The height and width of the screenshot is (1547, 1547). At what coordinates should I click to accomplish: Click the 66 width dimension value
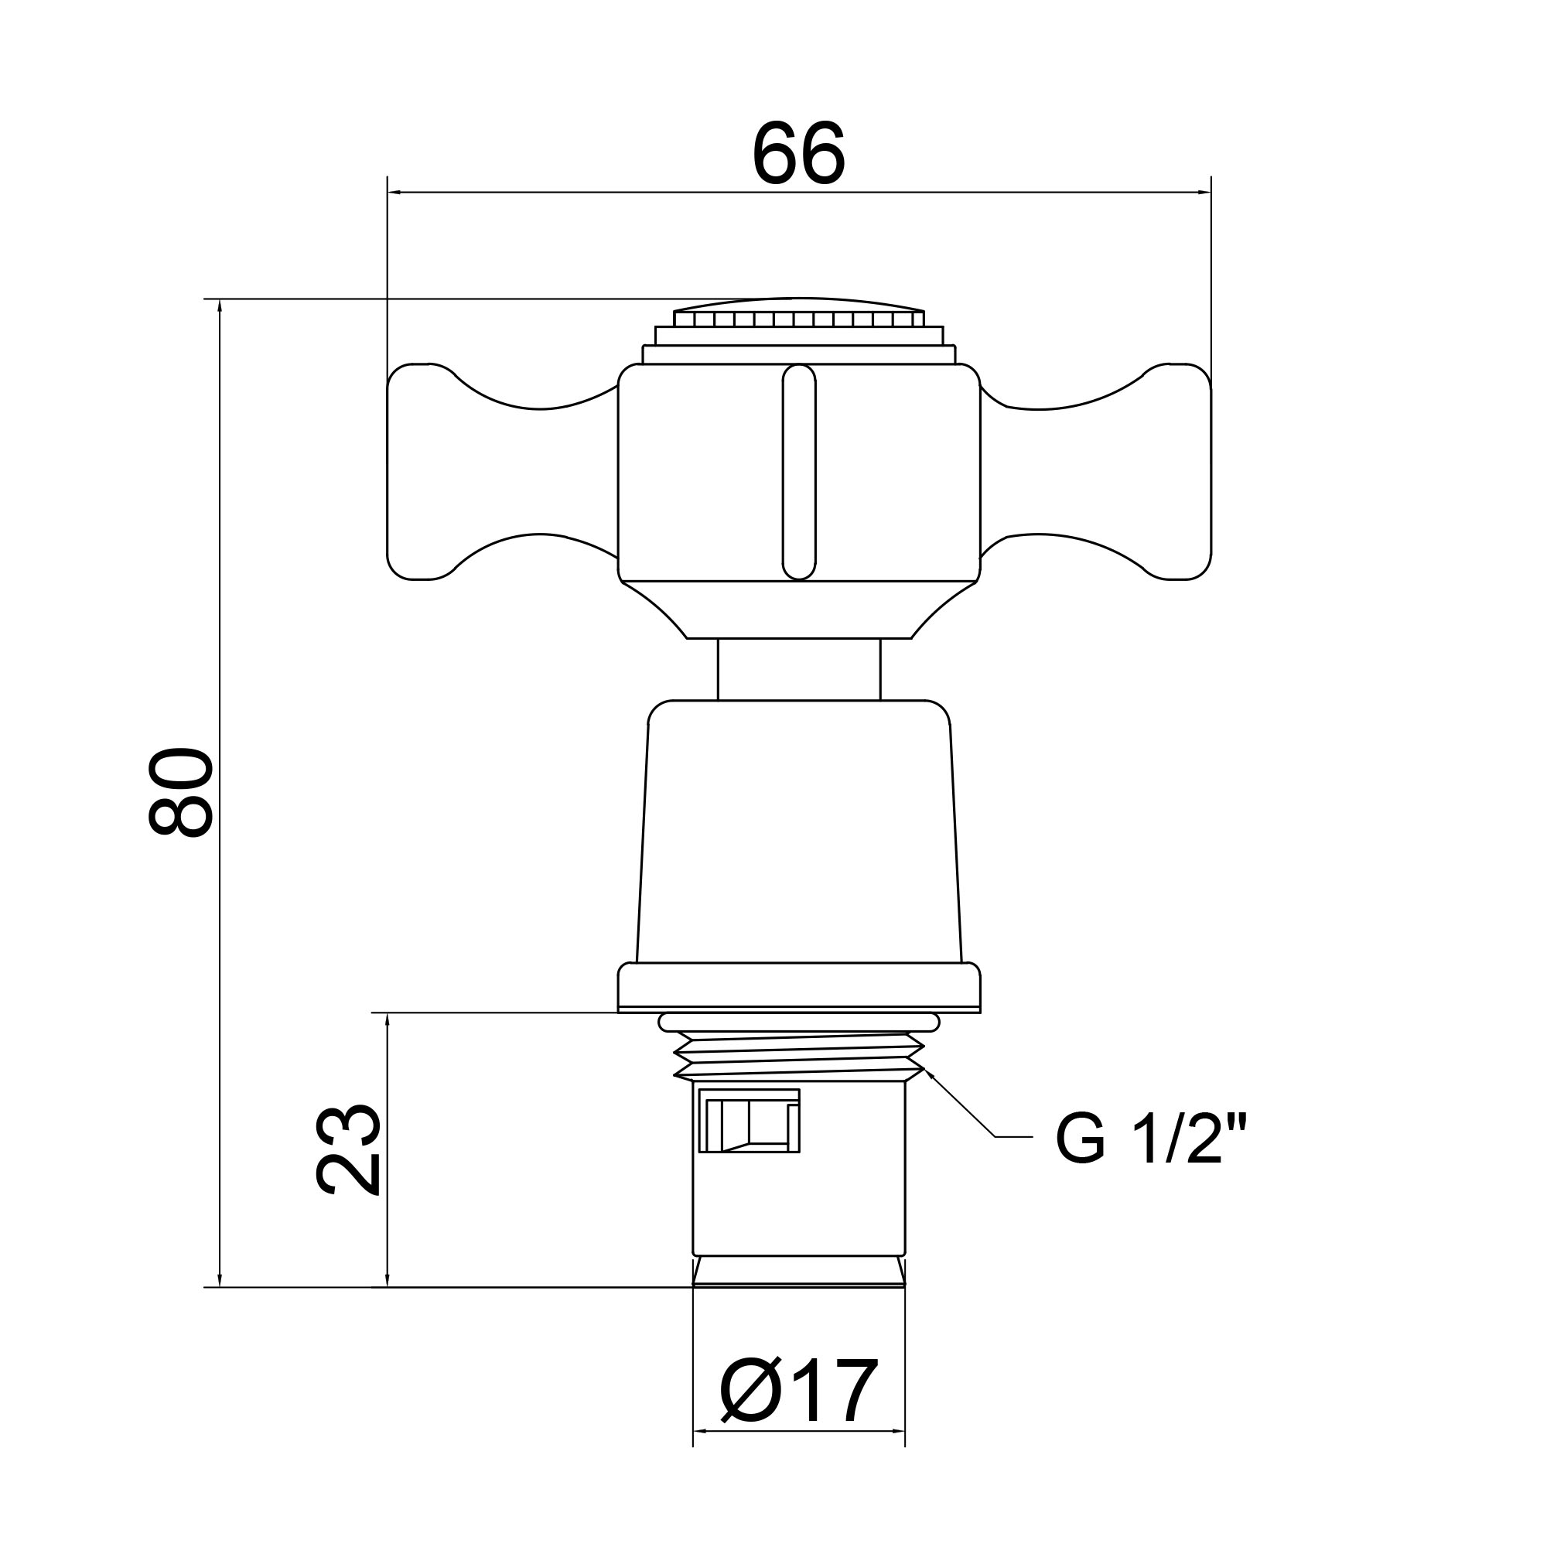coord(798,154)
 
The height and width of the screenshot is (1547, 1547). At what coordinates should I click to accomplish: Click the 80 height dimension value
coord(181,793)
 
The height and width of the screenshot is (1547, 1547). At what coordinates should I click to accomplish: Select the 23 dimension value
coord(347,1151)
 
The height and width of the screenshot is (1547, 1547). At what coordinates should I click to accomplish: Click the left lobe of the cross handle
coord(503,471)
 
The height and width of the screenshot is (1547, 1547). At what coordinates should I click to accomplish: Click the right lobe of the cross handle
coord(1095,471)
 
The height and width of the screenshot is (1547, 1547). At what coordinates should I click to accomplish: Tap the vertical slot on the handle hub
coord(799,472)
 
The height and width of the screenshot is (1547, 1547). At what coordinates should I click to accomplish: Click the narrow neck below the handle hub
coord(799,669)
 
